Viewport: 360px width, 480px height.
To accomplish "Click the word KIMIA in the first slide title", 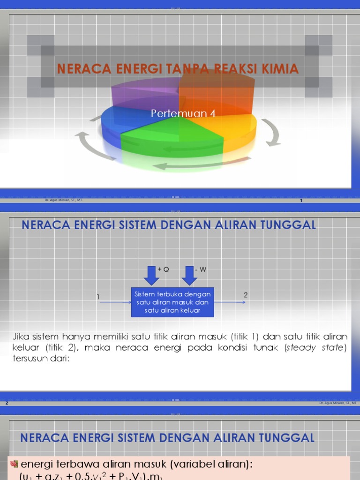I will click(280, 69).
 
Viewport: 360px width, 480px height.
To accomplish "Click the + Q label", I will click(163, 270).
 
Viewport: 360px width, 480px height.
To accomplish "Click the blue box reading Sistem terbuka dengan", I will click(172, 302).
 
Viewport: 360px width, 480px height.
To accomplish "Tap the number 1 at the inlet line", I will click(98, 297).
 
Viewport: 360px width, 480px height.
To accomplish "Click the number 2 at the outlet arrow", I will click(245, 295).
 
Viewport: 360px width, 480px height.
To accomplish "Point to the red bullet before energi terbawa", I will click(14, 464).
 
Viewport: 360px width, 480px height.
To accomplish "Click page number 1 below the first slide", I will click(301, 201).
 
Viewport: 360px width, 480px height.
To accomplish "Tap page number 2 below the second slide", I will click(7, 403).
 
